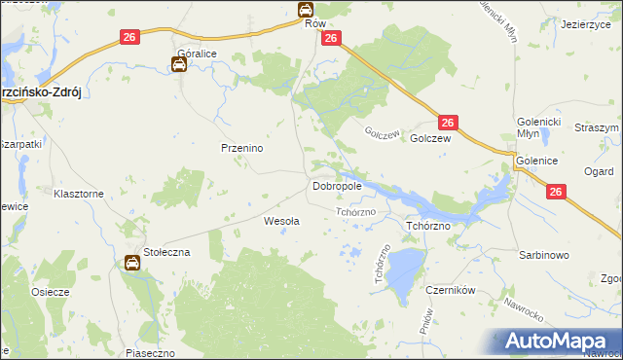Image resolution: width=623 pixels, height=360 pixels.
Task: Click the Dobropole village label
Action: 337,185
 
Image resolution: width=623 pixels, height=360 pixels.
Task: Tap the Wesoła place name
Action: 282,221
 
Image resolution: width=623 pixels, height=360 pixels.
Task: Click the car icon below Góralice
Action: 180,65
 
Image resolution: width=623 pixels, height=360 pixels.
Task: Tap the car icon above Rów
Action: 306,10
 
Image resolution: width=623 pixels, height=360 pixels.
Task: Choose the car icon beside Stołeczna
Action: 132,262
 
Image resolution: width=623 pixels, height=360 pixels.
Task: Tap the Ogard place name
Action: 599,172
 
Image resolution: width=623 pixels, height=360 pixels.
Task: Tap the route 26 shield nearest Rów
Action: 330,38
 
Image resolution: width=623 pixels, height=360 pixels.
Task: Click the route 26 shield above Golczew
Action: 447,123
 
